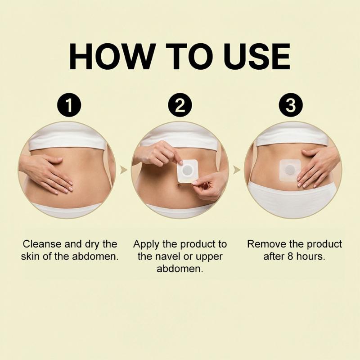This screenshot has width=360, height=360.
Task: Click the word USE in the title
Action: click(256, 56)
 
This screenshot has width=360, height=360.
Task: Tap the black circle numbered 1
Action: click(69, 105)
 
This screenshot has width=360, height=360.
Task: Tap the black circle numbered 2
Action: click(180, 105)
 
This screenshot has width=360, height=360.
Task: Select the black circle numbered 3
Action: click(291, 105)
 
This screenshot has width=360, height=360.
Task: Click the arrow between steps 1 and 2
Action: click(123, 170)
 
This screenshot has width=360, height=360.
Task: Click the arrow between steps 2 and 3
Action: click(237, 170)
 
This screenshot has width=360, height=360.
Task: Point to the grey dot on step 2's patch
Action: click(188, 171)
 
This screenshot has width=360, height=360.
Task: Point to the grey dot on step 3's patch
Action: click(290, 170)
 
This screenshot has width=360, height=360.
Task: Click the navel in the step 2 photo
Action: click(179, 186)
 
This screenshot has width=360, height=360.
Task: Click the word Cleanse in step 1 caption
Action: click(42, 244)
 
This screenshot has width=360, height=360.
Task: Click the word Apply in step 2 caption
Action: click(146, 245)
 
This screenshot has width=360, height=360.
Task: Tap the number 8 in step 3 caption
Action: click(290, 256)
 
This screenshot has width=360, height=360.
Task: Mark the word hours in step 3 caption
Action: click(310, 256)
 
